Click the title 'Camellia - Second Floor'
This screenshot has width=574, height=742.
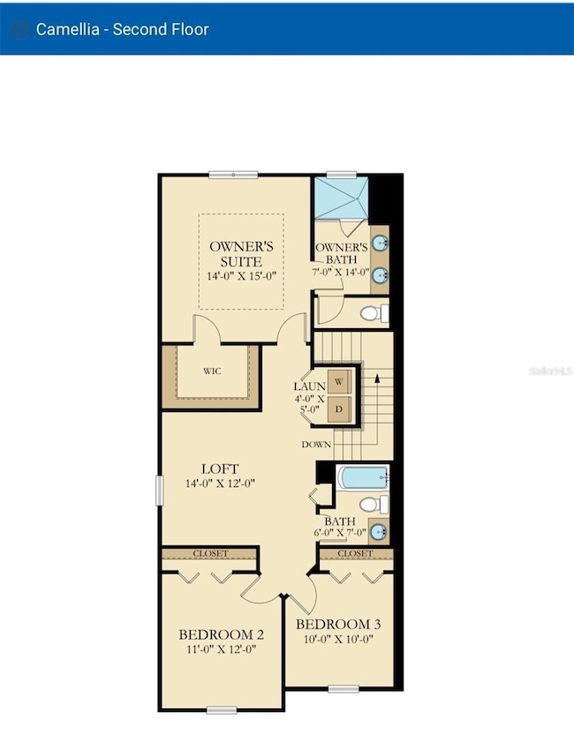point(122,29)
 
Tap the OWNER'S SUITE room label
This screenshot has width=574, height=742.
point(241,253)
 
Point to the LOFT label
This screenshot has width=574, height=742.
point(220,468)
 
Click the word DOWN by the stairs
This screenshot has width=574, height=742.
point(315,444)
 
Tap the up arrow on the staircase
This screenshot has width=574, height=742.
point(378,378)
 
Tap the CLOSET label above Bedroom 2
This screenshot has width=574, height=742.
point(209,553)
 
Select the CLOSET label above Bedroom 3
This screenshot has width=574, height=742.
point(355,553)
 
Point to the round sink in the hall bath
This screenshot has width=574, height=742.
point(378,531)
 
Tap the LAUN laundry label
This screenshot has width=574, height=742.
point(309,386)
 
